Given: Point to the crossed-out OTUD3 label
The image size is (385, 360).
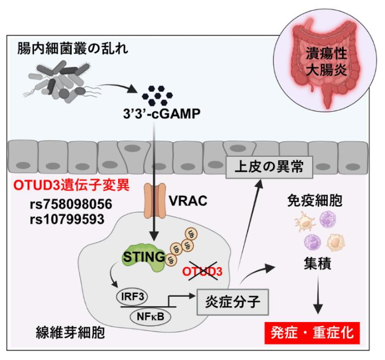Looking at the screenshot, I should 202,271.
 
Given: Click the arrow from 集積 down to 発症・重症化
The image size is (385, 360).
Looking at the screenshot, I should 318,297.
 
